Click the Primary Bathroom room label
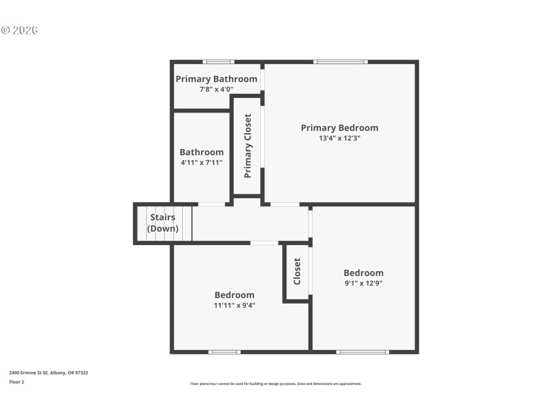[x=216, y=79]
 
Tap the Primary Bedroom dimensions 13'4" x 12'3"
[x=339, y=138]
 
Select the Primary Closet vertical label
[x=248, y=146]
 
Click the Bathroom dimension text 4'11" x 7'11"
[x=201, y=163]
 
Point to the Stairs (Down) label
[x=163, y=223]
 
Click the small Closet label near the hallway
[x=297, y=271]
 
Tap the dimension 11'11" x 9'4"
[x=234, y=305]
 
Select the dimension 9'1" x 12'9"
[x=364, y=283]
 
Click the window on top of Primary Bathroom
[x=218, y=62]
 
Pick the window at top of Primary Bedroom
[x=340, y=62]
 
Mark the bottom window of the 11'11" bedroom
[x=225, y=352]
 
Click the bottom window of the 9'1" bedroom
[x=362, y=352]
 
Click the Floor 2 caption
[x=17, y=382]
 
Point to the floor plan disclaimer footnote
[x=275, y=384]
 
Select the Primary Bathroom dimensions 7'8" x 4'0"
[x=216, y=89]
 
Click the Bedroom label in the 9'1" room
[x=364, y=273]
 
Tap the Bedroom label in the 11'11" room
[x=234, y=295]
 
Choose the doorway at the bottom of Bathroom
[x=212, y=204]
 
